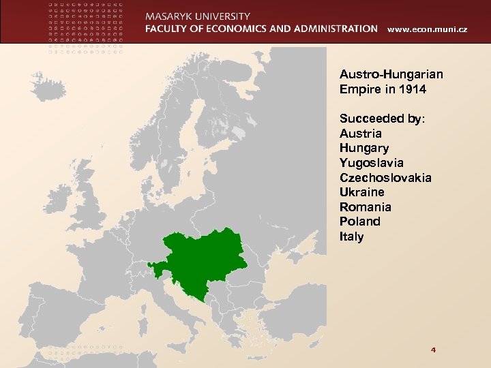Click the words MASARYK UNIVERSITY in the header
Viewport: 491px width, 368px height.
[197, 16]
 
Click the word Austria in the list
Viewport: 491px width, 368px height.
[361, 134]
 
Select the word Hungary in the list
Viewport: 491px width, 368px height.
[364, 148]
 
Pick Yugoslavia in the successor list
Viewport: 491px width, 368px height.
[371, 163]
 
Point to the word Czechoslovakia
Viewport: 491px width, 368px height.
[385, 178]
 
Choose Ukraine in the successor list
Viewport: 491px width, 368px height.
[361, 192]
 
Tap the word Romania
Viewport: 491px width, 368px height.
[365, 207]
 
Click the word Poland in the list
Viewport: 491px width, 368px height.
[359, 221]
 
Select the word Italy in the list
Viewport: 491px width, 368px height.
[351, 236]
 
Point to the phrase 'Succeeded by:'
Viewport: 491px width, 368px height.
[382, 119]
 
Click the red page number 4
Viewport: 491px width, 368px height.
[433, 350]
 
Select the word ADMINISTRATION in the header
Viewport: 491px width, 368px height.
[331, 29]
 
